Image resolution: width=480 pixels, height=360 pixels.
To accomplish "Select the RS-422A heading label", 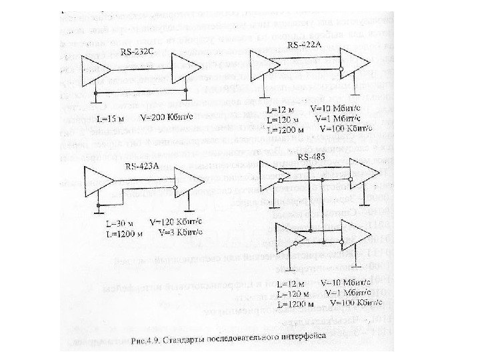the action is tap(304, 45).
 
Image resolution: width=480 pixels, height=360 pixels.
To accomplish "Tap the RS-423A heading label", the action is tap(141, 166).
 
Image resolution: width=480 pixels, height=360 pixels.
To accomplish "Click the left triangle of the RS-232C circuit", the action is tap(95, 70).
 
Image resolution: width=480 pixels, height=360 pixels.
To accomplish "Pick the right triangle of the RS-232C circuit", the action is tap(186, 69).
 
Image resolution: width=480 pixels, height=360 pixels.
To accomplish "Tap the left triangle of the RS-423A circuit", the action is tap(97, 182).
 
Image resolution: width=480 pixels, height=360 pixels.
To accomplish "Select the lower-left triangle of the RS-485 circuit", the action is tap(288, 235).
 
